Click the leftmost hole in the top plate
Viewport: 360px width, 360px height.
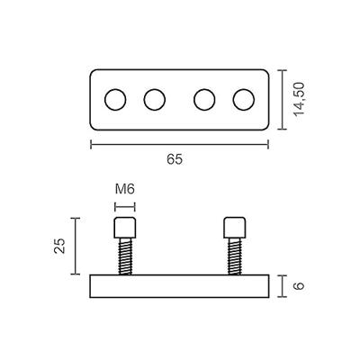[x=115, y=99]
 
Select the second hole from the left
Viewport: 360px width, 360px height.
[x=155, y=99]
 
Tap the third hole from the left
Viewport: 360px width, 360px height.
[x=205, y=99]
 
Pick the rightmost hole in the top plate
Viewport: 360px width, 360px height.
[x=244, y=99]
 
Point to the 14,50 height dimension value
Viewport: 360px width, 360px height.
[x=300, y=98]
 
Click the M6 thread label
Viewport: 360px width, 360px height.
[x=126, y=190]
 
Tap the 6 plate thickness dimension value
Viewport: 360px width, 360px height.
[x=299, y=288]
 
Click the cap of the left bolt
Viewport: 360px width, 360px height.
[x=126, y=227]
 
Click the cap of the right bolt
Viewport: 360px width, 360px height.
[x=234, y=227]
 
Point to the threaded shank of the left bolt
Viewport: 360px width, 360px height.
[x=126, y=256]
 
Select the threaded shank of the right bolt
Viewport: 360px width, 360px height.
[x=234, y=256]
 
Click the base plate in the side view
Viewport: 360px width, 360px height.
[x=180, y=288]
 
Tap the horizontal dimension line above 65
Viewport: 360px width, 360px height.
[x=180, y=142]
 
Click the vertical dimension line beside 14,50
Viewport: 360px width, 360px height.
[x=282, y=99]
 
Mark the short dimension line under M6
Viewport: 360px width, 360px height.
[x=126, y=204]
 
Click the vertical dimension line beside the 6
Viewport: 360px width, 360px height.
[x=283, y=288]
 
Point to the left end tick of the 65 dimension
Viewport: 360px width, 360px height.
[x=91, y=142]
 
